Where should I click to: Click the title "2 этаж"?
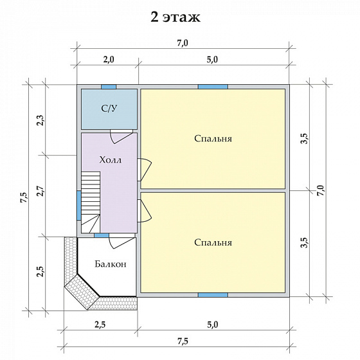175,17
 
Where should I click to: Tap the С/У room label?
109,108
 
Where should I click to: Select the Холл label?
109,159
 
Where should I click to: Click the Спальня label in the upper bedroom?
213,138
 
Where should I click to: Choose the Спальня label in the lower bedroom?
213,242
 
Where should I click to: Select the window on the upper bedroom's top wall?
213,87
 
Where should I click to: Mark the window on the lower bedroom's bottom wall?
213,295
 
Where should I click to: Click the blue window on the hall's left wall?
79,205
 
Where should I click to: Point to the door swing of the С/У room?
121,136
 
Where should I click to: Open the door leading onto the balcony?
120,242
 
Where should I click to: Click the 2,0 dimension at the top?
107,60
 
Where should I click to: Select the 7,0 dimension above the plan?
182,43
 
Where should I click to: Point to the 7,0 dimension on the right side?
321,190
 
